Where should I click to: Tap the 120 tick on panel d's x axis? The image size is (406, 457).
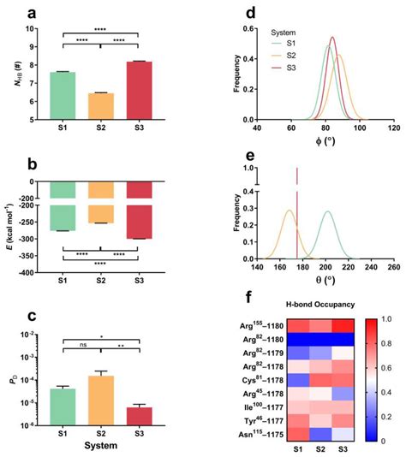click(x=391, y=128)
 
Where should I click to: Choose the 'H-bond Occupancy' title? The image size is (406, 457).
click(x=315, y=305)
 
